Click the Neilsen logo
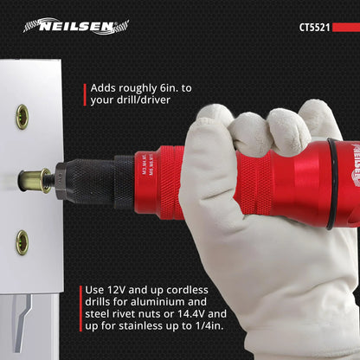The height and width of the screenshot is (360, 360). [76, 26]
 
